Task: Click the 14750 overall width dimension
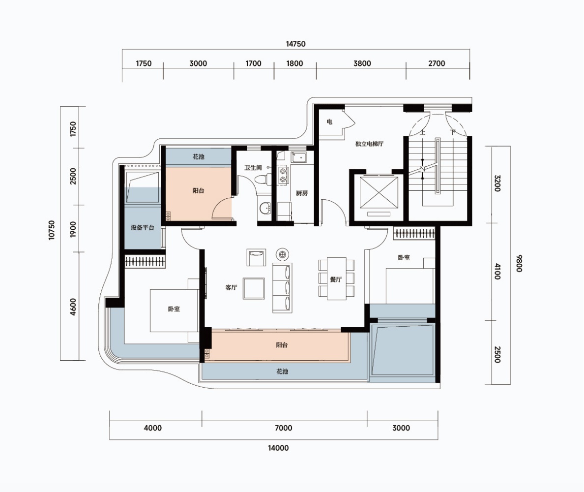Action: coord(296,44)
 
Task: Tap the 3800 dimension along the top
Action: coord(362,63)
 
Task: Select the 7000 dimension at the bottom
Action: coord(284,428)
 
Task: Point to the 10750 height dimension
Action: coord(52,230)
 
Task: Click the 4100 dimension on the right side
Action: coord(497,272)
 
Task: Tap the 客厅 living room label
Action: coord(231,287)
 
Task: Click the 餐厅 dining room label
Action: coord(336,279)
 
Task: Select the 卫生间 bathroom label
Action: coord(253,168)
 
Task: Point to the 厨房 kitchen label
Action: coord(302,193)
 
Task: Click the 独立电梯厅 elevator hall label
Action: coord(369,144)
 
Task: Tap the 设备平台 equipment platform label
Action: coord(142,227)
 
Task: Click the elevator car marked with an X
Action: coord(379,192)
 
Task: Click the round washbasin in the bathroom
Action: coord(265,209)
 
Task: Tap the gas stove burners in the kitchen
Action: coord(283,176)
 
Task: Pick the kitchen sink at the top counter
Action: coord(299,157)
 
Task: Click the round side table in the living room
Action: coord(282,254)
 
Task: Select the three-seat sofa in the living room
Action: coord(282,288)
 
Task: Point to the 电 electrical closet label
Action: coord(329,122)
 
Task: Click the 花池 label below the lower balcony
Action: coord(282,371)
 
